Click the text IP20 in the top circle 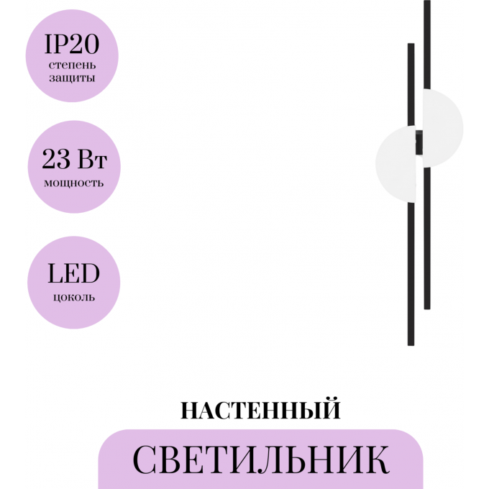click(71, 46)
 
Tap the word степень click(71, 65)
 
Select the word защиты click(71, 78)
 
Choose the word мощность click(73, 182)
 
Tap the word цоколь click(73, 296)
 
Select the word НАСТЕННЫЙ click(260, 411)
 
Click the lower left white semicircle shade click(394, 163)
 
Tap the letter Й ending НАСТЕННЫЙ click(332, 411)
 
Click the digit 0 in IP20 click(90, 46)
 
